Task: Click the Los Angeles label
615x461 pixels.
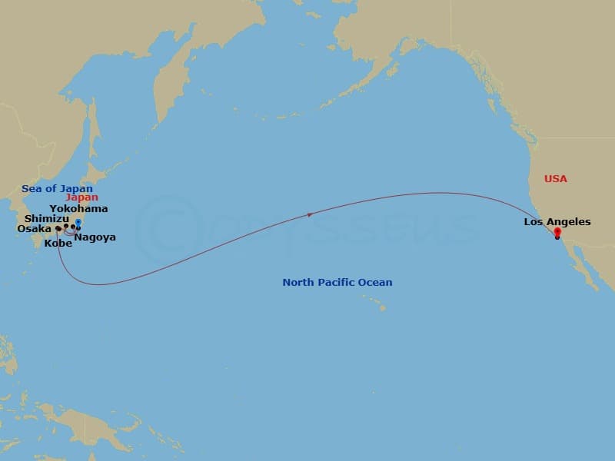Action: (x=557, y=222)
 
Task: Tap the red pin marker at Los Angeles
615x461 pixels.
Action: (x=557, y=233)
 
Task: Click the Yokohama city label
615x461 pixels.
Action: (x=78, y=208)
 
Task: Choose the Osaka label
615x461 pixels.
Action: (x=34, y=228)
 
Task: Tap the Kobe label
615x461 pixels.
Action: (x=58, y=243)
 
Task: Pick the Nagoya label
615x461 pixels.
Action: (x=95, y=237)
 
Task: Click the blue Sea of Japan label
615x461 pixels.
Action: (x=57, y=189)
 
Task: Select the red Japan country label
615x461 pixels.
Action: (x=81, y=197)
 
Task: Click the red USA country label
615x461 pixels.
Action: (x=555, y=178)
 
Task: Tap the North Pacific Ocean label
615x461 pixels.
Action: (x=337, y=282)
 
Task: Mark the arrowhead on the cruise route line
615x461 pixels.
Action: (x=310, y=215)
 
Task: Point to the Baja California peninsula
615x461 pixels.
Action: (x=578, y=265)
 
